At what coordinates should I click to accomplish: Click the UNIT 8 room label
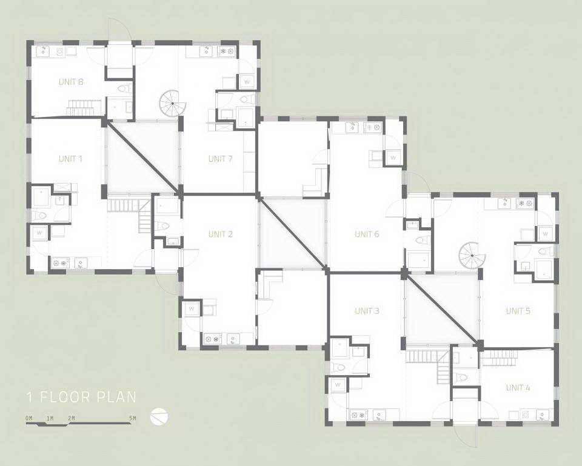[70, 82]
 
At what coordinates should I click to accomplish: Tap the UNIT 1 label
[70, 159]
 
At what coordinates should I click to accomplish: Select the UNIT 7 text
[221, 159]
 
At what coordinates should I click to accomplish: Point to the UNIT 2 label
[221, 234]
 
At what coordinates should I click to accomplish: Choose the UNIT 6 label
[367, 234]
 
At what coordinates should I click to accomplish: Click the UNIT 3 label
[367, 311]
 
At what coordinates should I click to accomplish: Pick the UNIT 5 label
[518, 311]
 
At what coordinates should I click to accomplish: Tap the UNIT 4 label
[518, 388]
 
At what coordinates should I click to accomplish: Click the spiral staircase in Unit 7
[173, 103]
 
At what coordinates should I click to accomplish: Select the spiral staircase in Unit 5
[472, 255]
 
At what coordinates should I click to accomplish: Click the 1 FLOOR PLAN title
[81, 397]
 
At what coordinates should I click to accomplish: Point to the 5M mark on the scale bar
[133, 418]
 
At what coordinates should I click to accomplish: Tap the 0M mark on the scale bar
[29, 418]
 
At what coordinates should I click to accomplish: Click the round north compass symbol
[159, 416]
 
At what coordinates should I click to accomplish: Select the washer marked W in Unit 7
[247, 82]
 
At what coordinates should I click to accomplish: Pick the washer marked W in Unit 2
[192, 308]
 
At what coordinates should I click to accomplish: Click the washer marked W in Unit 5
[545, 234]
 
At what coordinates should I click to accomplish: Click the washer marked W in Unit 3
[338, 385]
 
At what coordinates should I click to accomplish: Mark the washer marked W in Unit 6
[393, 158]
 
